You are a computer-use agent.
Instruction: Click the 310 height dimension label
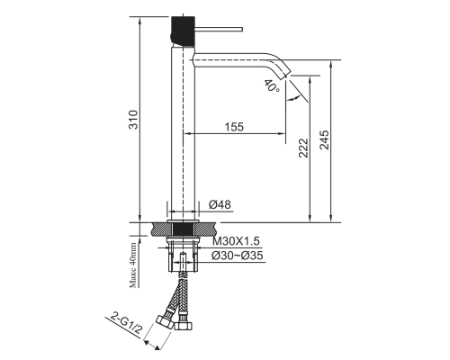pos(133,120)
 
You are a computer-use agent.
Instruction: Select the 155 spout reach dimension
pos(234,127)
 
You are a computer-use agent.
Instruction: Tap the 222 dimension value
pos(303,148)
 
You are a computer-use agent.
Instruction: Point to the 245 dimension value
pos(324,139)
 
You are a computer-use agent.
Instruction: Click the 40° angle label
pos(273,85)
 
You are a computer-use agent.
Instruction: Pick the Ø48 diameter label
pos(220,204)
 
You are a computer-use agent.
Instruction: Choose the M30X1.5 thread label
pos(236,241)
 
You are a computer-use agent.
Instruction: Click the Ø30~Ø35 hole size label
pos(237,256)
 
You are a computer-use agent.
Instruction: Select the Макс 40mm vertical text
pos(133,265)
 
